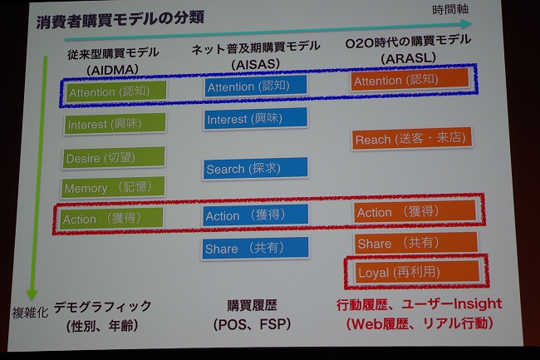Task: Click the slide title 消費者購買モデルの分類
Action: tap(120, 20)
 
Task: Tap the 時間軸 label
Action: tap(450, 9)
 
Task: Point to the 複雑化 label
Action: tap(30, 312)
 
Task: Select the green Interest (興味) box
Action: tap(115, 123)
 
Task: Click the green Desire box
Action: tap(113, 157)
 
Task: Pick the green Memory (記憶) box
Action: tap(113, 187)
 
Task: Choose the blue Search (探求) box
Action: tap(255, 168)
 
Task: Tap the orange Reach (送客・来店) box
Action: tap(411, 139)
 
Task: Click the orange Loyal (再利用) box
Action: tap(417, 272)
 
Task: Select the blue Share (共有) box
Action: tap(255, 248)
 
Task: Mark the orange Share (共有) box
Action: tap(416, 243)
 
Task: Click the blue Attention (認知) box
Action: tap(255, 86)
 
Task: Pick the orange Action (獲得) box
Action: tap(415, 211)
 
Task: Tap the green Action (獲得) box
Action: tap(110, 218)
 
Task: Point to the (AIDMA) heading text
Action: tap(113, 70)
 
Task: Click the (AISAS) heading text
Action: tap(255, 64)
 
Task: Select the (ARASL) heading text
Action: tap(408, 58)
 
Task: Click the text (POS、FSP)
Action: tap(252, 323)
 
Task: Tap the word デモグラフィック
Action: tap(103, 306)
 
